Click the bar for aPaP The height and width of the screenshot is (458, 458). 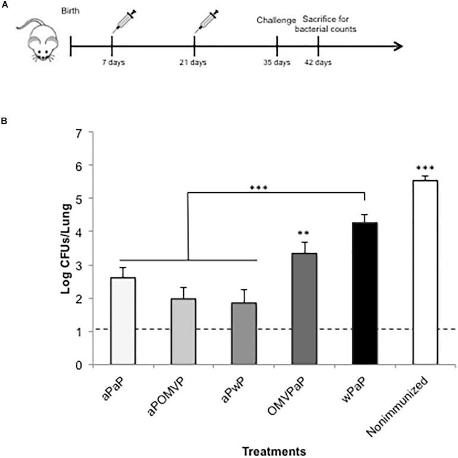(123, 321)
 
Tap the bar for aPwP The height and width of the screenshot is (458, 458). (244, 334)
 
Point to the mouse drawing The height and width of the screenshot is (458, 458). (36, 39)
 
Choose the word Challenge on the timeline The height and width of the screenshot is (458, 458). (276, 21)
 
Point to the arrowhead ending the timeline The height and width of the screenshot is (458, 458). (397, 45)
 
